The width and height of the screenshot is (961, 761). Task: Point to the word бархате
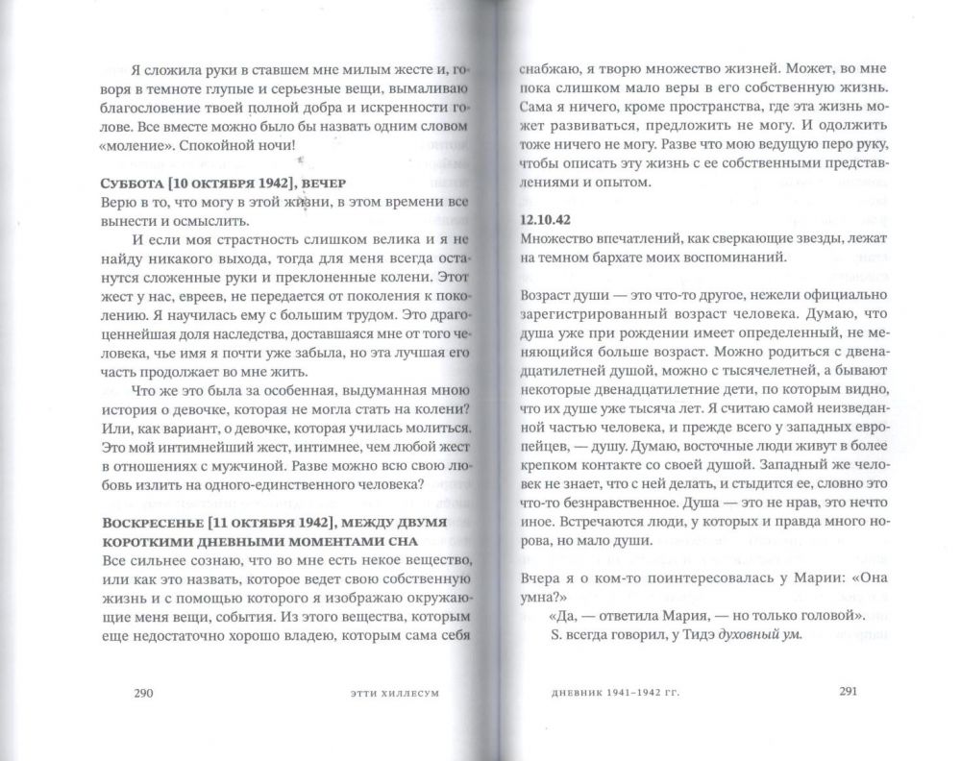point(631,257)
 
